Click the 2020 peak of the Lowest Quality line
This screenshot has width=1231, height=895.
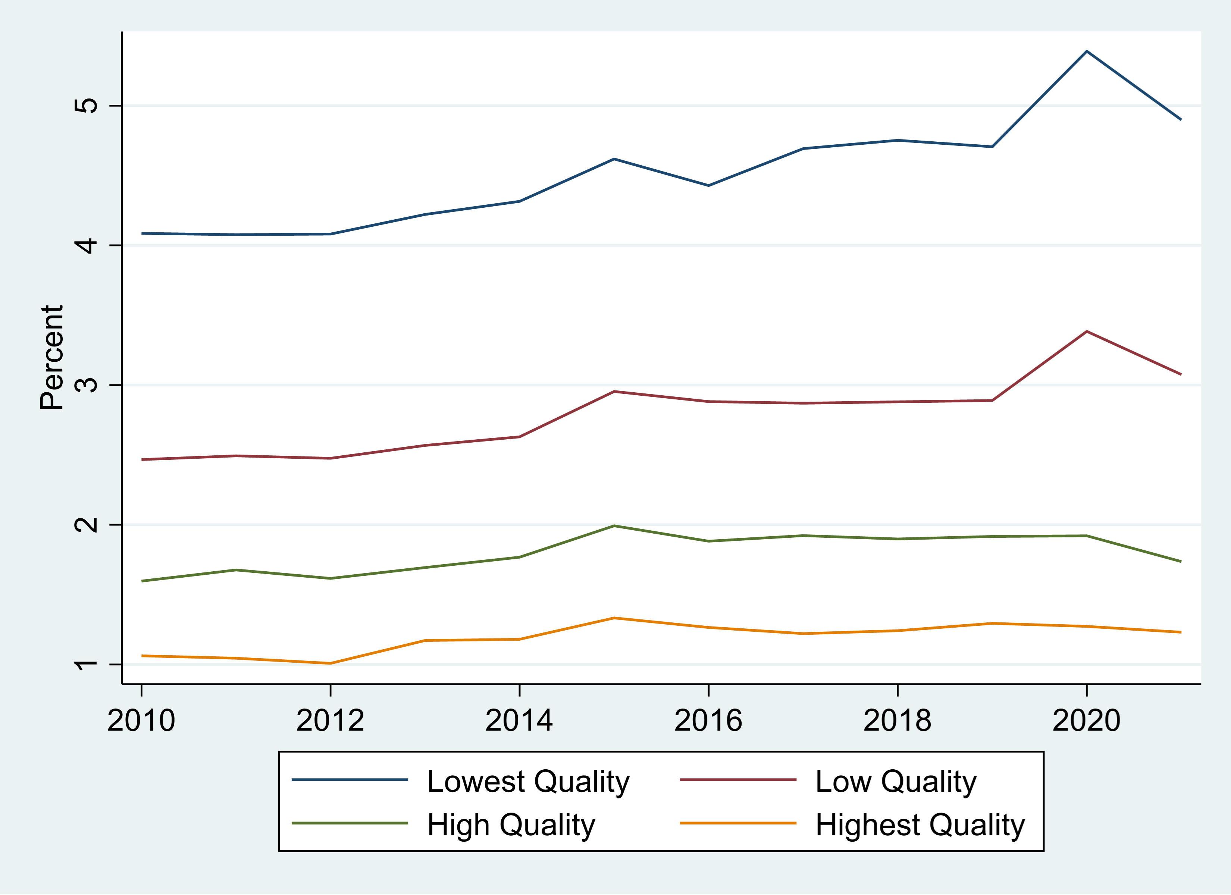[x=1086, y=51]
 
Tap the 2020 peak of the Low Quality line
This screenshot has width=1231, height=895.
[x=1086, y=331]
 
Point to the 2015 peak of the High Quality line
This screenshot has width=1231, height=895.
[x=614, y=525]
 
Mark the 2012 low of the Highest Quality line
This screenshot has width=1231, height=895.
[x=330, y=663]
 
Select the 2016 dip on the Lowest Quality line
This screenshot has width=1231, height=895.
[x=708, y=186]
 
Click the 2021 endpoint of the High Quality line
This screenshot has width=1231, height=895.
[x=1181, y=561]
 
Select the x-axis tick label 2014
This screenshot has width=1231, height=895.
[x=519, y=721]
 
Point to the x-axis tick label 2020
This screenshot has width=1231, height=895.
[x=1086, y=721]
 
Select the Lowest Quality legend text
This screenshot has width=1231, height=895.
[x=528, y=782]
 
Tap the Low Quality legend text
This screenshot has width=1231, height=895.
[x=896, y=782]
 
